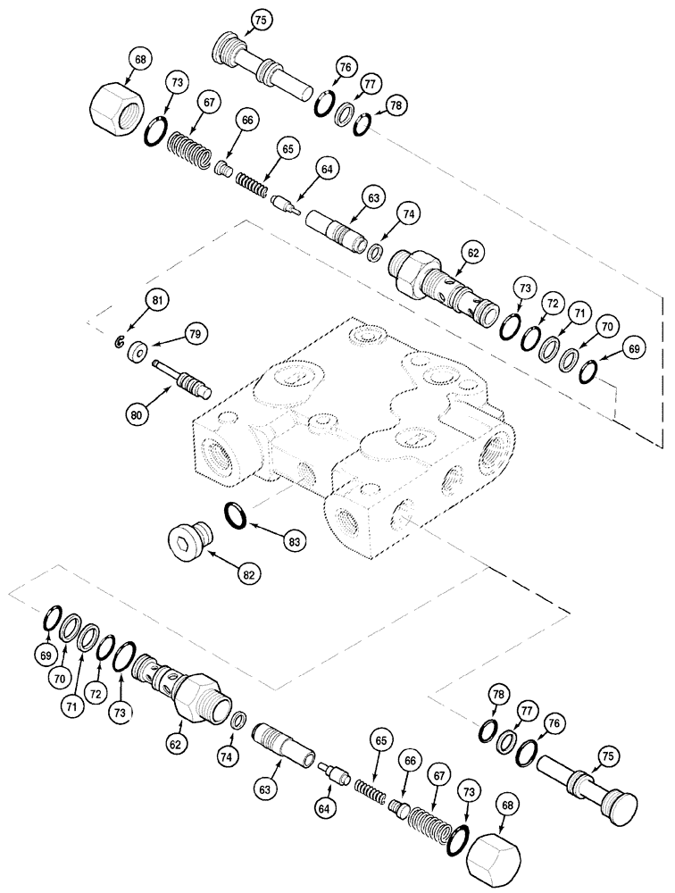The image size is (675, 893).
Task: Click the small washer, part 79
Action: [x=138, y=351]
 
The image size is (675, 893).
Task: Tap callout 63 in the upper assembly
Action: [x=369, y=197]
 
